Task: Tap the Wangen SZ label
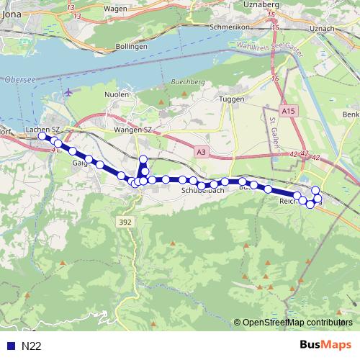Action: pos(130,129)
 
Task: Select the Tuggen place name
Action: pos(234,99)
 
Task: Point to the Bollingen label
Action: pos(132,46)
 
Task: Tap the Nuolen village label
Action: pos(117,94)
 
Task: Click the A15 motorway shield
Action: pos(289,112)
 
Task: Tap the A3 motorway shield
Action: pos(202,152)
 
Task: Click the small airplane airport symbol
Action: pos(68,92)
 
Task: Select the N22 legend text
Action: pos(32,346)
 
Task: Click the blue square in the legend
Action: pos(11,346)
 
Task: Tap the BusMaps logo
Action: pos(325,345)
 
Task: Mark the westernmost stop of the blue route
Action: pos(42,136)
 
